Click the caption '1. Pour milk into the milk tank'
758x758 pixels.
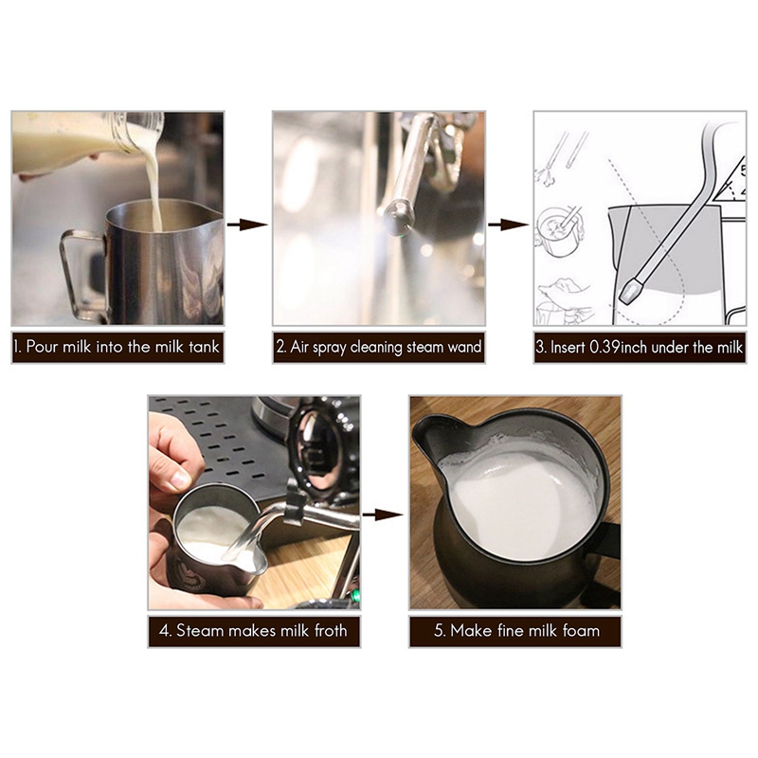pos(117,347)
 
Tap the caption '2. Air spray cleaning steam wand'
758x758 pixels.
pos(379,347)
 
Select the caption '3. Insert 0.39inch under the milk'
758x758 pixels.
pos(640,347)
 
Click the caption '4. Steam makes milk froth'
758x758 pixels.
pos(254,630)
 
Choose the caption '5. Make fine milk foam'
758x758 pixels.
pos(514,630)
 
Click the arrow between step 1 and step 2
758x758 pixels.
pos(248,225)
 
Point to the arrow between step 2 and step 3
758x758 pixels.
pos(509,225)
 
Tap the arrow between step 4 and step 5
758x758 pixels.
pos(384,514)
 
